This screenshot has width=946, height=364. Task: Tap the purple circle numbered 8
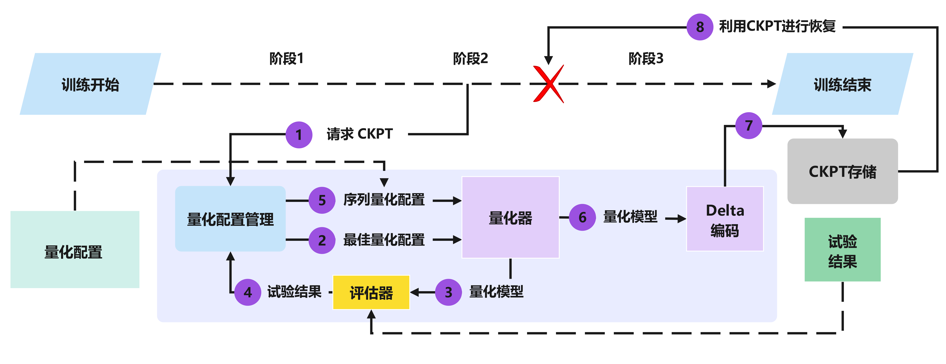pyautogui.click(x=700, y=27)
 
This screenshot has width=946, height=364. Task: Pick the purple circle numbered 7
pyautogui.click(x=749, y=126)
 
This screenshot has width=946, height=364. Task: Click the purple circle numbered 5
pyautogui.click(x=322, y=200)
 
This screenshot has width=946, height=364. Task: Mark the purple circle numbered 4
pyautogui.click(x=247, y=292)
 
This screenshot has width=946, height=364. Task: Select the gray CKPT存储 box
pyautogui.click(x=842, y=171)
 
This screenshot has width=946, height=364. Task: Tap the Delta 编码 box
pyautogui.click(x=725, y=219)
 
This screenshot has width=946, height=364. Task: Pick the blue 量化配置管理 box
pyautogui.click(x=230, y=219)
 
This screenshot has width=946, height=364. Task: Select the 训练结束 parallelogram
pyautogui.click(x=842, y=84)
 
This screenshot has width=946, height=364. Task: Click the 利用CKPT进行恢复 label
pyautogui.click(x=777, y=26)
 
